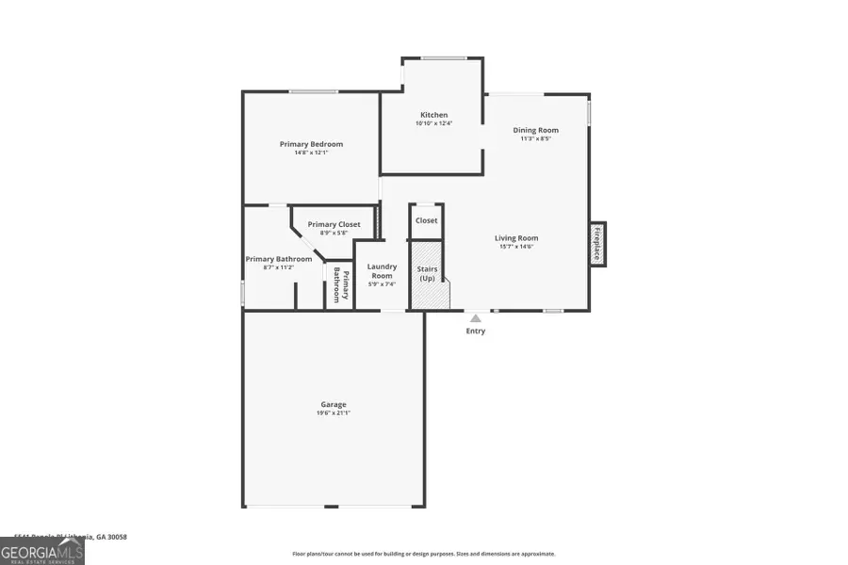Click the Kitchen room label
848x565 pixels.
point(433,115)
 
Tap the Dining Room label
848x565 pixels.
point(535,130)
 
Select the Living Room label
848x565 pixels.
point(516,238)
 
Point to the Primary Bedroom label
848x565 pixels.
point(311,144)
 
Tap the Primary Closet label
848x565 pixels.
point(334,224)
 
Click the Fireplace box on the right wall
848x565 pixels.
point(597,244)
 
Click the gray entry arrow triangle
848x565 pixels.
point(476,318)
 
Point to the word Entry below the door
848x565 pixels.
point(476,331)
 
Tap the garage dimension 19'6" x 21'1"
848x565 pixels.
point(333,412)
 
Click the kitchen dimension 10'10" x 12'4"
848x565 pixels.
point(433,124)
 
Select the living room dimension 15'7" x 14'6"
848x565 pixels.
point(516,247)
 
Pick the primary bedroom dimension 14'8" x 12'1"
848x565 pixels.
point(311,153)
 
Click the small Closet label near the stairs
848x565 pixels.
point(427,220)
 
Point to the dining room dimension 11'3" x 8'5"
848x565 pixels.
point(535,138)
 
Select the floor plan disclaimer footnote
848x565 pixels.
point(423,554)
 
